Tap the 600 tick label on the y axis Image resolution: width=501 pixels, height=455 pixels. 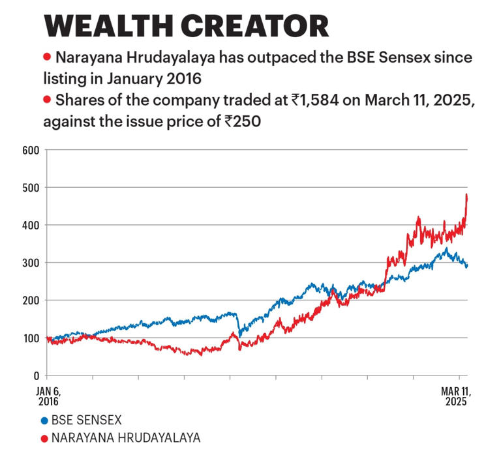click(31, 150)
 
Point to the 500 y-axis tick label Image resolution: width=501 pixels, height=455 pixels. click(31, 188)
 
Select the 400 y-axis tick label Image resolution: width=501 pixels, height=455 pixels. click(31, 226)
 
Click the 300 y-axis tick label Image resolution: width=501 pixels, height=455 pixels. click(31, 263)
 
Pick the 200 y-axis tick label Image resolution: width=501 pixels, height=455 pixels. click(31, 301)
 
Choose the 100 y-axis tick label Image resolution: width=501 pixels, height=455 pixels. click(31, 338)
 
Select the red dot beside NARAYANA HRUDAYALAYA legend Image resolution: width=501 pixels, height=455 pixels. click(44, 437)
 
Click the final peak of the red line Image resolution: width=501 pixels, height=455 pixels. click(466, 195)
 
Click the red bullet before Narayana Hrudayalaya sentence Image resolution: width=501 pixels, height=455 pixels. click(46, 58)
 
